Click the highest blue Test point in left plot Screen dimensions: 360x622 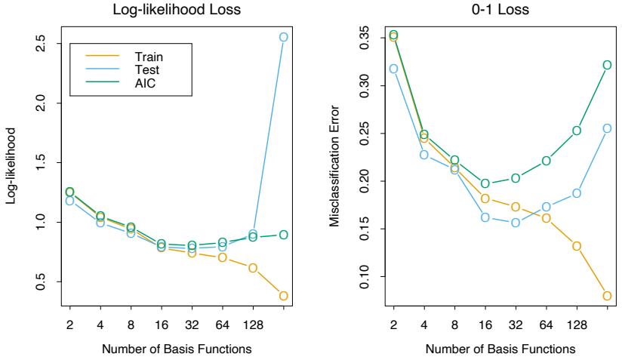click(x=284, y=36)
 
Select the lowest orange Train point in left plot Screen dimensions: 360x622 click(x=284, y=295)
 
